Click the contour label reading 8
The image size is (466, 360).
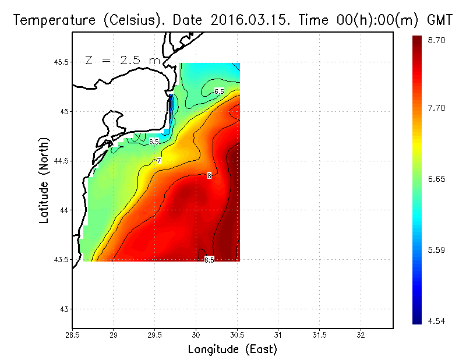click(209, 175)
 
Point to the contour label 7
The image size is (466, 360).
click(158, 160)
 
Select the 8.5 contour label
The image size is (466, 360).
click(209, 260)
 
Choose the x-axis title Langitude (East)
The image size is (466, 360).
click(232, 350)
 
